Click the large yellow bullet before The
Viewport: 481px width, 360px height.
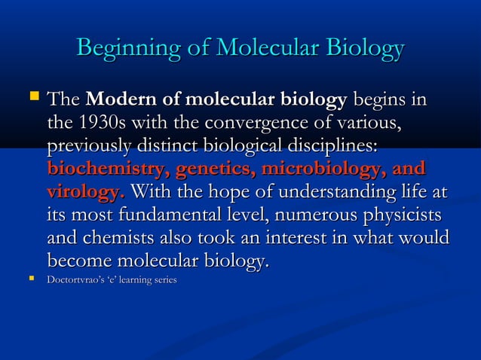31,97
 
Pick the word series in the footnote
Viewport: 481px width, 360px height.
165,281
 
